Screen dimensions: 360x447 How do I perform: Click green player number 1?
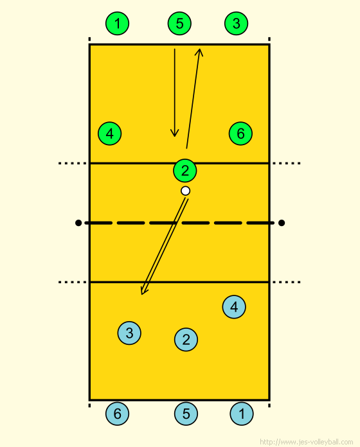(x=117, y=23)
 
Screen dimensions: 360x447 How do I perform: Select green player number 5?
(x=179, y=23)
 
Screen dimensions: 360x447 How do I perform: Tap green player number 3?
(x=236, y=23)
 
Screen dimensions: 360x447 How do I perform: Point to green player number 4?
(x=110, y=134)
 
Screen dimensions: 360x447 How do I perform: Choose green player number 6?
(x=240, y=134)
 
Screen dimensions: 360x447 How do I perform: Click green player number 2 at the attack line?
(x=185, y=171)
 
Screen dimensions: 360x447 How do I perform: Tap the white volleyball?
(x=185, y=191)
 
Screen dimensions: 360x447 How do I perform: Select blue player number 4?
(x=234, y=307)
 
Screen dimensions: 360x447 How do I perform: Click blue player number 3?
(x=129, y=333)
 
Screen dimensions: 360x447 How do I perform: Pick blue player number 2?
(x=186, y=340)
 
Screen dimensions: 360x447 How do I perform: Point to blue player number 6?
(x=117, y=414)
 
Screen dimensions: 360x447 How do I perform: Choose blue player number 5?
(x=186, y=414)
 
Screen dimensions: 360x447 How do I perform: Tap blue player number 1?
(x=242, y=414)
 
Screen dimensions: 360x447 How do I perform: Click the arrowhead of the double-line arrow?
(x=142, y=294)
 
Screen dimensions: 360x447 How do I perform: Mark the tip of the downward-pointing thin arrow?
(x=175, y=137)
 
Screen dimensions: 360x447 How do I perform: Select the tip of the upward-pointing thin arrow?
(x=201, y=49)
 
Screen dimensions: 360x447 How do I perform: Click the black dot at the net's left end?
(x=78, y=223)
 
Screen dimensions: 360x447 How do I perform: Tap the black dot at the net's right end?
(x=282, y=223)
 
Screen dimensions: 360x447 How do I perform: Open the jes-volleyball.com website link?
(x=307, y=442)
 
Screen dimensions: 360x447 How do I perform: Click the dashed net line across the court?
(x=180, y=223)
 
